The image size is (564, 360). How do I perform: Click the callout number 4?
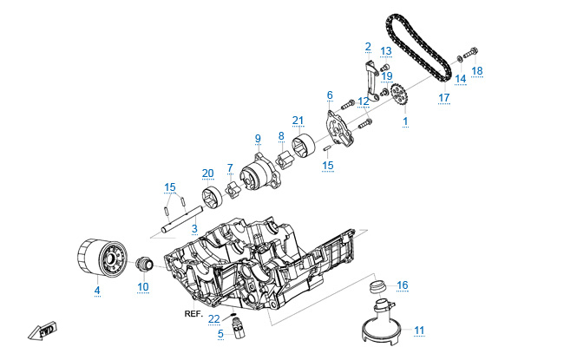[97, 290]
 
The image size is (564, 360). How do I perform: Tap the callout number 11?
[419, 330]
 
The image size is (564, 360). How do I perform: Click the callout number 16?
[402, 285]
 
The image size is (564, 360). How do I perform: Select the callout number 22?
[214, 319]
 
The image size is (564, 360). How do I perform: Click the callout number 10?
[143, 287]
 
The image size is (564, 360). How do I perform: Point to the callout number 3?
[194, 228]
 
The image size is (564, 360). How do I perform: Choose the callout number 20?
[207, 173]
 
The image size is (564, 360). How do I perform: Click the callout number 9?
[258, 139]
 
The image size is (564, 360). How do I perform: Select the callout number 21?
[298, 120]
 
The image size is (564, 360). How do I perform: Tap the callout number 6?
[330, 95]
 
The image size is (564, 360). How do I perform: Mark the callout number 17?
[443, 98]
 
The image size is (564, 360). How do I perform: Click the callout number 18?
[477, 69]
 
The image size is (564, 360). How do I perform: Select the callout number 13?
[386, 51]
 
